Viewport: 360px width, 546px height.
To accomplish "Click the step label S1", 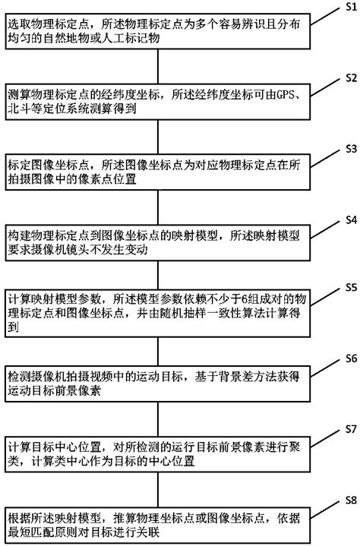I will tap(350, 6).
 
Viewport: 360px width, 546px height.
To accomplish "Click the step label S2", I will tap(350, 77).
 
